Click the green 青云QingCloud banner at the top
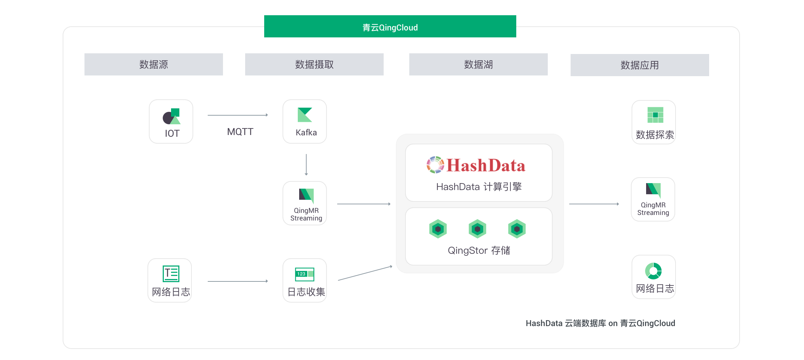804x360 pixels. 390,26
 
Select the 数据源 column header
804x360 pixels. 153,64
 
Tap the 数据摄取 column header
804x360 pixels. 314,64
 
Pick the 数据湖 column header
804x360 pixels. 478,64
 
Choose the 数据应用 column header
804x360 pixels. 640,65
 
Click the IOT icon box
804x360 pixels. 171,121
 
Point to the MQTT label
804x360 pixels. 240,132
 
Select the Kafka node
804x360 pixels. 305,121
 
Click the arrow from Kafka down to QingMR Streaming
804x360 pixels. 306,165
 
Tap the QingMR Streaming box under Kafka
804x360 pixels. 305,203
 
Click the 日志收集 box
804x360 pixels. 305,280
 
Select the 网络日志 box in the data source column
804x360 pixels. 170,280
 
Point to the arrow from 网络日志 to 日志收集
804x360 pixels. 238,281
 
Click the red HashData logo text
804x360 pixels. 486,165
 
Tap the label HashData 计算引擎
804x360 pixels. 479,187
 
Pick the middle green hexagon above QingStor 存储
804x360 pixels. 477,229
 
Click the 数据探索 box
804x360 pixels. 654,122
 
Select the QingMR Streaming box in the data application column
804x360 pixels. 653,199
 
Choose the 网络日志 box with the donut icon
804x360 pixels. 654,277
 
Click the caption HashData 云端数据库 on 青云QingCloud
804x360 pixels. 600,323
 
